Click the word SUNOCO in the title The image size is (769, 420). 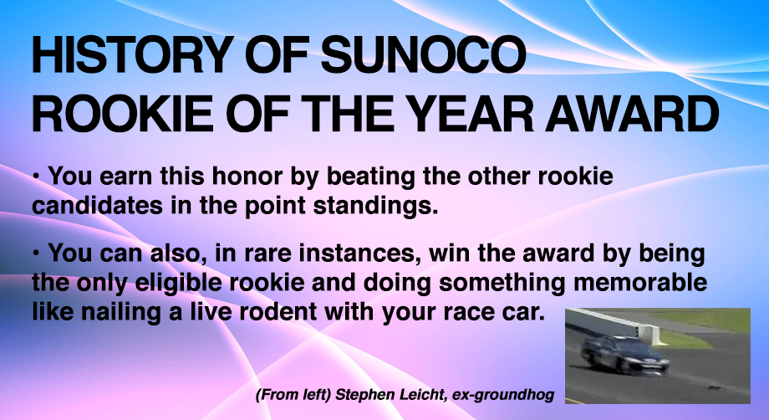[x=423, y=54]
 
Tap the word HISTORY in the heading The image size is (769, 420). [x=132, y=54]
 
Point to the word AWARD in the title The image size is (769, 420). [x=633, y=114]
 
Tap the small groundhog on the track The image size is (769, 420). [x=714, y=388]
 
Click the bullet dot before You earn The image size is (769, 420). [x=36, y=175]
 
